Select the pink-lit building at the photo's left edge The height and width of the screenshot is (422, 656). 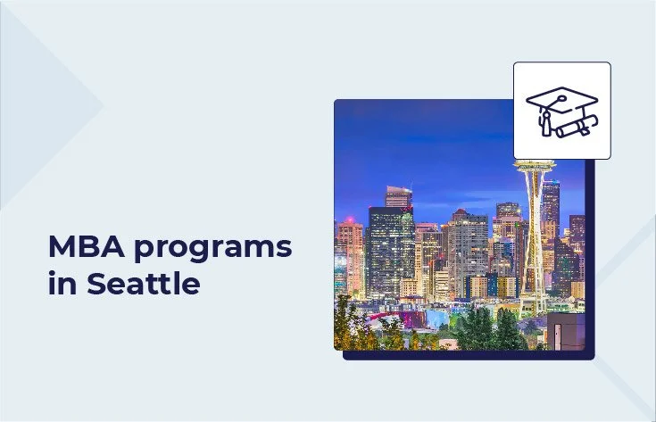[349, 254]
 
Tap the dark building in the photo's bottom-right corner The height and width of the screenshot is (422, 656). [567, 330]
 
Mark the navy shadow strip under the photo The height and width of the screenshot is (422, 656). [464, 354]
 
